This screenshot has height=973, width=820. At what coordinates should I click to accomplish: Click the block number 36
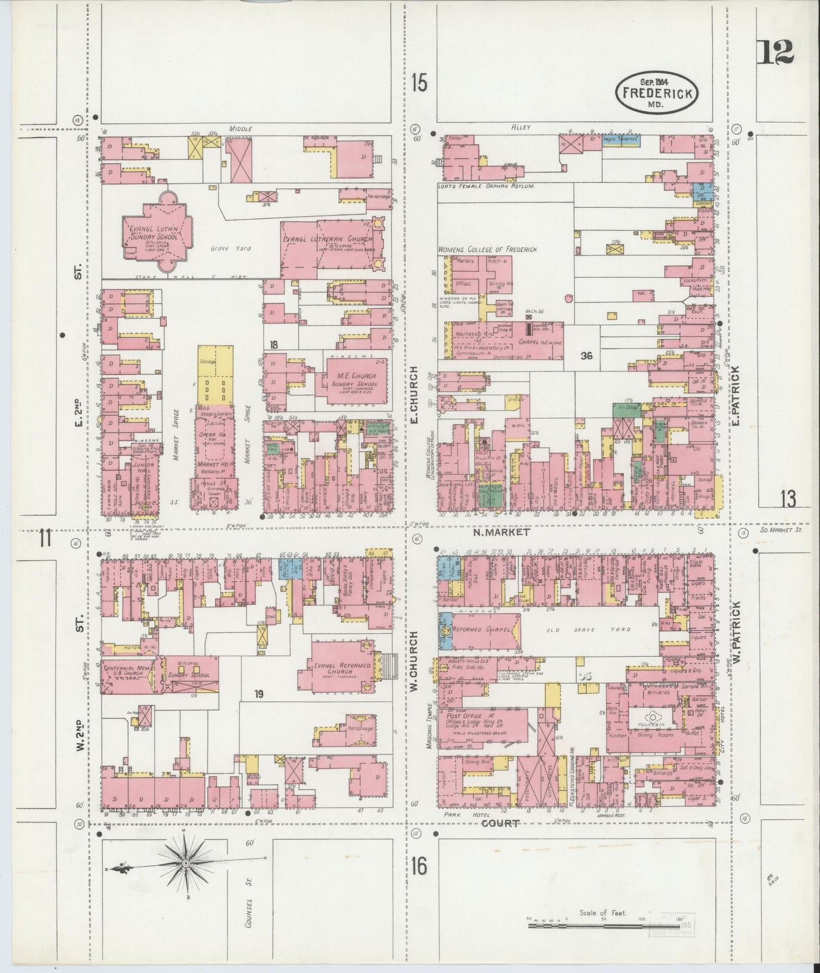point(586,355)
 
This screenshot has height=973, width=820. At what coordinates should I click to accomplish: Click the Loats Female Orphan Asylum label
point(486,186)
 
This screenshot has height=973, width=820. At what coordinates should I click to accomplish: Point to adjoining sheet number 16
point(419,867)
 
